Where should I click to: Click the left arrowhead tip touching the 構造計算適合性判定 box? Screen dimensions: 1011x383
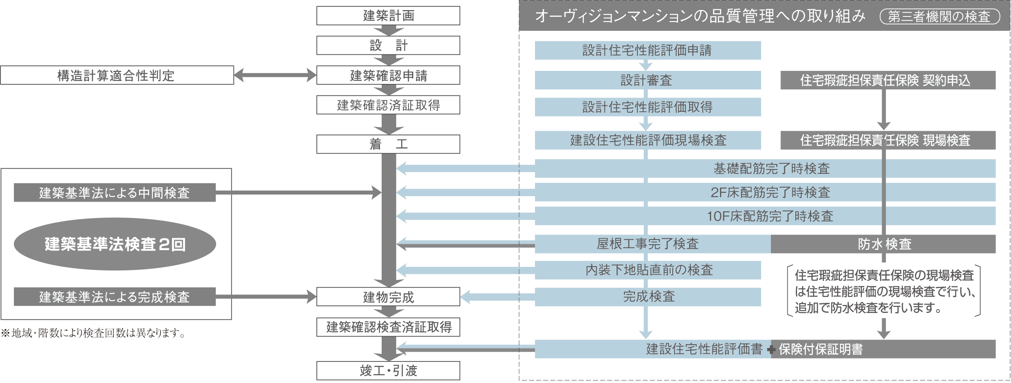tap(234, 76)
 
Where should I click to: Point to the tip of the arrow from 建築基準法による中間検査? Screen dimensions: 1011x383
tap(382, 192)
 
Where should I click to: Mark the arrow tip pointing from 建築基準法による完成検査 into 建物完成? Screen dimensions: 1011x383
tap(316, 297)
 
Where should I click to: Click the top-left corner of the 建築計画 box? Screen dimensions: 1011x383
tap(317, 6)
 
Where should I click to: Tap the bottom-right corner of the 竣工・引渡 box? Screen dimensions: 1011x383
tap(460, 380)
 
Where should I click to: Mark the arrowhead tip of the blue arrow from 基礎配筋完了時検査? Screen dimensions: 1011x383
tap(397, 168)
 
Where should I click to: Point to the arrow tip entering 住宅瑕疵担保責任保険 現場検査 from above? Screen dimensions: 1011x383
tap(884, 130)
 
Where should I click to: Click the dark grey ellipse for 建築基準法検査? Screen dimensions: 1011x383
tap(115, 244)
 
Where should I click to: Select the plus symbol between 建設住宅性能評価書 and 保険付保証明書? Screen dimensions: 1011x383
tap(771, 350)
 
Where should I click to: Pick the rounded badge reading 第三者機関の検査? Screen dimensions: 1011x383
tap(940, 16)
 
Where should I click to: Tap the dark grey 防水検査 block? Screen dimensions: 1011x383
tap(883, 244)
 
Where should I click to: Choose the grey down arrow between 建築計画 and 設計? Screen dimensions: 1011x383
tap(388, 30)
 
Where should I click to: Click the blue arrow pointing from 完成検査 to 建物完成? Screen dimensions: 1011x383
tap(497, 297)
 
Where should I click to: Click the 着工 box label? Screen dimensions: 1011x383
tap(388, 144)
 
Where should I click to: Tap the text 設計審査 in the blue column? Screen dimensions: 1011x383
tap(646, 80)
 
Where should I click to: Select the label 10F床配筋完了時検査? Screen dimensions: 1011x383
tap(770, 216)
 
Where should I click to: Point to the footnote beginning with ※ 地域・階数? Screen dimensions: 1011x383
tap(93, 333)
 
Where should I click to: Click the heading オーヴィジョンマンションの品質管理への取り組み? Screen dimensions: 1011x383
tap(700, 16)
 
